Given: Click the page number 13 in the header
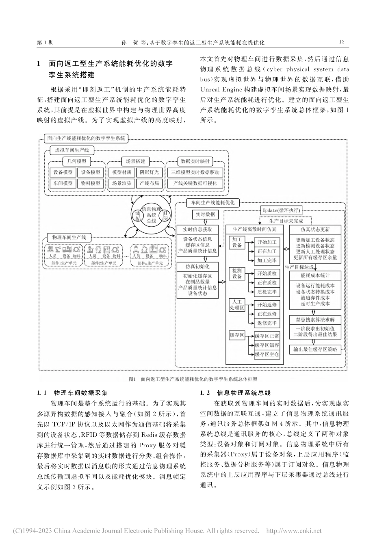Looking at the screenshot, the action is (x=341, y=42).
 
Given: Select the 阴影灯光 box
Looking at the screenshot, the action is (x=147, y=172).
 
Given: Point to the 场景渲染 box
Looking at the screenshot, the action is (x=121, y=183).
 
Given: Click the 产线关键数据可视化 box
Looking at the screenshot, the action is (x=195, y=183).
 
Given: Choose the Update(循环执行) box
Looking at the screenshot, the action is (x=281, y=210).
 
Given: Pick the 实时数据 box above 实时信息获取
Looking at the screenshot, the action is (x=205, y=214).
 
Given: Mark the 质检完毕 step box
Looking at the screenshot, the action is (x=267, y=292).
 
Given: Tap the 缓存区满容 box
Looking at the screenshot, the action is (x=267, y=345).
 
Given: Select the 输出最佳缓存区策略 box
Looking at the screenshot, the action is (x=315, y=349).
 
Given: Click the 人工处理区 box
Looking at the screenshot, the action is (x=237, y=305).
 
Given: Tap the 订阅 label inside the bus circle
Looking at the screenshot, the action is (x=165, y=215).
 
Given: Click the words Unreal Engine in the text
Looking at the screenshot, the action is (x=220, y=89).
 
